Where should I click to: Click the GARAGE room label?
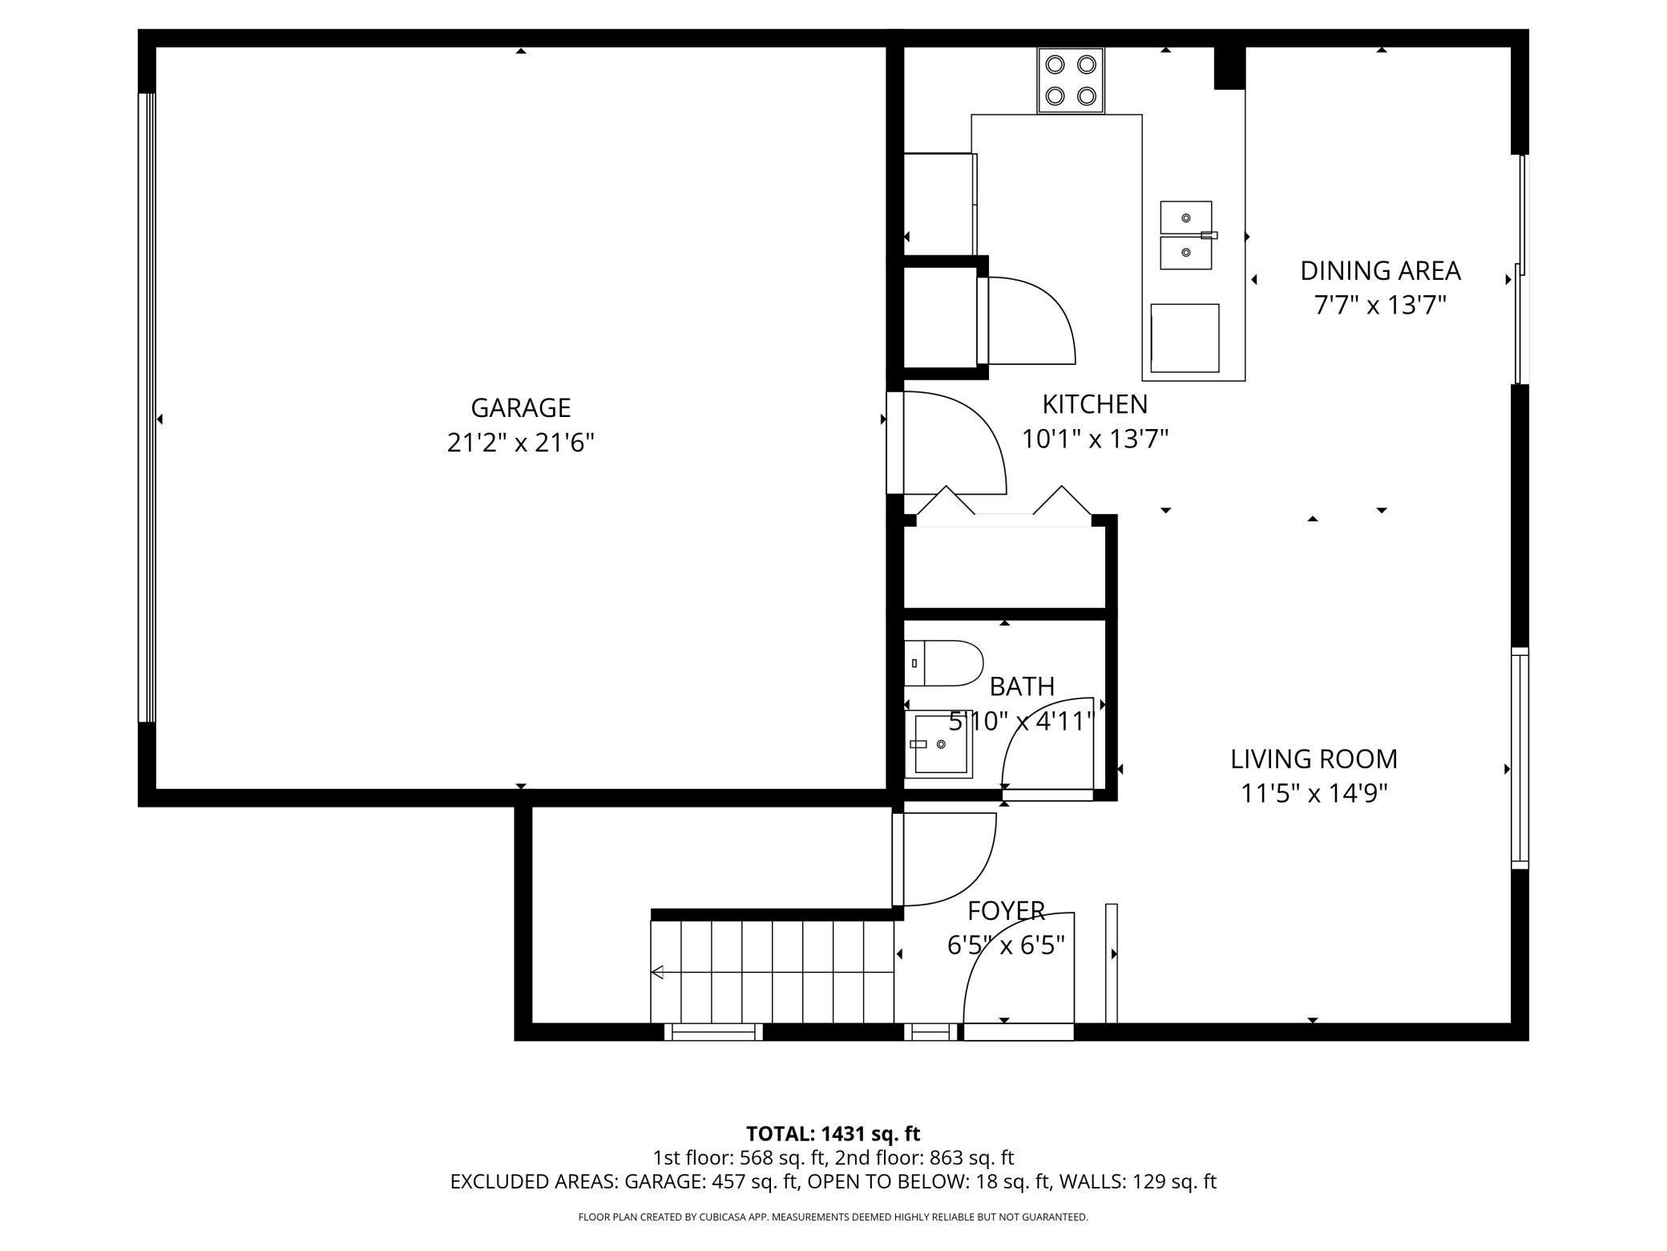pyautogui.click(x=520, y=407)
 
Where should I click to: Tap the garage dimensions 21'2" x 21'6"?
pyautogui.click(x=520, y=442)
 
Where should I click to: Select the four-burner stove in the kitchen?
pyautogui.click(x=1071, y=80)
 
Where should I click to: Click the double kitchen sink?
pyautogui.click(x=1186, y=235)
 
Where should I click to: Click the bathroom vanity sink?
pyautogui.click(x=938, y=744)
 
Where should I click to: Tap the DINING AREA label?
pyautogui.click(x=1380, y=271)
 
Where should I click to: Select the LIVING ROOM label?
pyautogui.click(x=1314, y=759)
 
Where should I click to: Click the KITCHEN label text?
pyautogui.click(x=1095, y=403)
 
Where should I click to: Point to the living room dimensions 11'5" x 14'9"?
pyautogui.click(x=1314, y=793)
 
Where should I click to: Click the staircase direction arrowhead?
pyautogui.click(x=657, y=973)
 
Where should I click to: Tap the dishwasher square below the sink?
pyautogui.click(x=1185, y=338)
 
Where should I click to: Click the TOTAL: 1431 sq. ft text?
pyautogui.click(x=833, y=1134)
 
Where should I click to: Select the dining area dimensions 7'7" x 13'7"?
pyautogui.click(x=1380, y=306)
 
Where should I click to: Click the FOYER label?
pyautogui.click(x=1006, y=911)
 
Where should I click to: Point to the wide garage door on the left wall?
pyautogui.click(x=147, y=408)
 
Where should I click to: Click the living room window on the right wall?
pyautogui.click(x=1520, y=758)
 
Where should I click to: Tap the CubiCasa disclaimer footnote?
pyautogui.click(x=833, y=1217)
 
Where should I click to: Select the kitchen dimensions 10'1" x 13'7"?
pyautogui.click(x=1095, y=439)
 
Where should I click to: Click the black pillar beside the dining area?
pyautogui.click(x=1229, y=67)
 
